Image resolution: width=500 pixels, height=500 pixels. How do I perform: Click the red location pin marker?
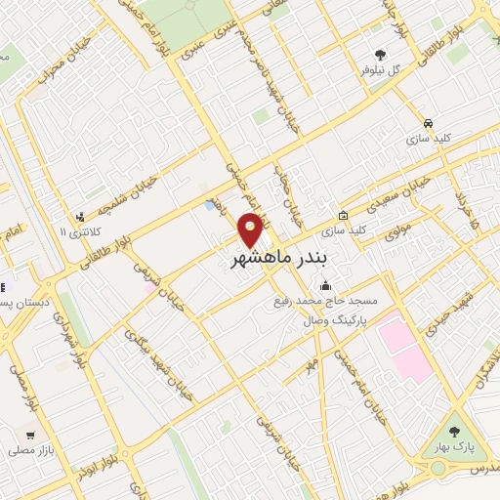point(251,229)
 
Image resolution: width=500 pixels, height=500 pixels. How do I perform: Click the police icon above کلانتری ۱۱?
point(79,217)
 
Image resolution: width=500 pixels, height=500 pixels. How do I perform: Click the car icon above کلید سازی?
point(430,123)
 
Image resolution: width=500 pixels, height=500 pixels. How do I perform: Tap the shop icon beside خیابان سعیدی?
point(343,216)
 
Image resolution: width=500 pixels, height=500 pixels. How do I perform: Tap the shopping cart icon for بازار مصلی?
point(31,436)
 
